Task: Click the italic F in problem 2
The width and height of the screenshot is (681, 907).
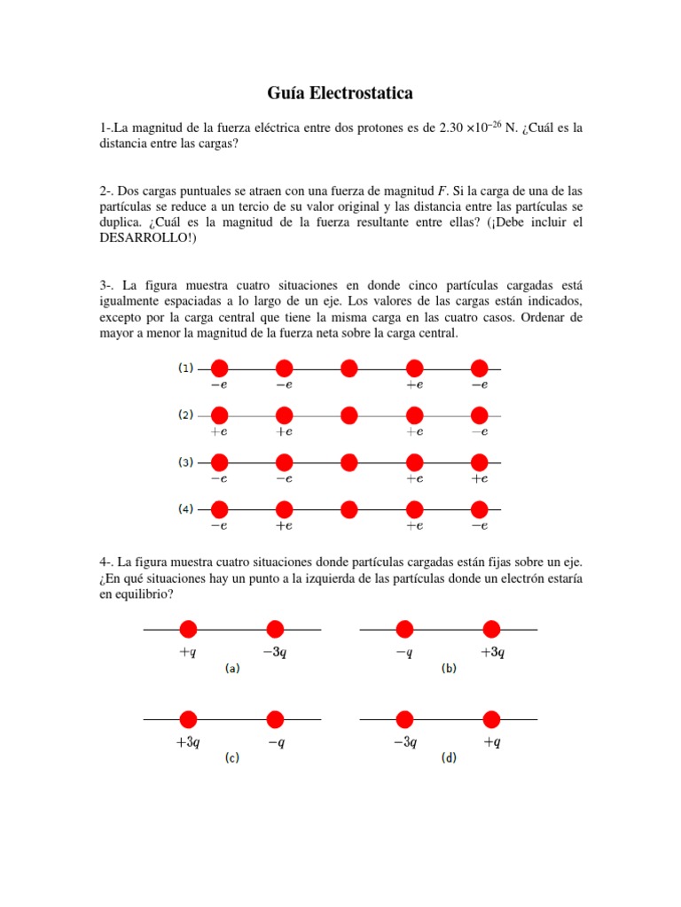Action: click(x=442, y=190)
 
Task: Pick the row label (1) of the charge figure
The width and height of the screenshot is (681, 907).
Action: click(x=186, y=368)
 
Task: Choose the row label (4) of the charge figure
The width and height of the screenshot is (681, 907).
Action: click(x=186, y=509)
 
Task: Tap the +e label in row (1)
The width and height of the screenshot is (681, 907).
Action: click(x=414, y=384)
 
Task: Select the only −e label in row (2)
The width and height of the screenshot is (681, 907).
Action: click(x=480, y=431)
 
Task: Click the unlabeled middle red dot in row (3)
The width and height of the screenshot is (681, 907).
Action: click(x=349, y=462)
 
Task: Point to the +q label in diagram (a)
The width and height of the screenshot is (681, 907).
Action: click(x=187, y=652)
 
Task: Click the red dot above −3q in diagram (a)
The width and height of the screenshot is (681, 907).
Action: click(x=275, y=629)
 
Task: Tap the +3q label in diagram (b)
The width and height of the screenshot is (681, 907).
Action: click(x=492, y=652)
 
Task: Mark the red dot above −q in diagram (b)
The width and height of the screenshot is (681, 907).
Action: click(x=404, y=629)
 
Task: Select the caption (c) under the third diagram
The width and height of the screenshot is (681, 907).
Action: click(x=231, y=758)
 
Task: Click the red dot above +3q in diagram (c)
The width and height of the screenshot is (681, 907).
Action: click(x=188, y=718)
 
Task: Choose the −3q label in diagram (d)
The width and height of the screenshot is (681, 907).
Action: click(x=404, y=742)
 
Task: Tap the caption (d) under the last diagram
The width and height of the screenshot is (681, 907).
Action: click(x=449, y=758)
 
